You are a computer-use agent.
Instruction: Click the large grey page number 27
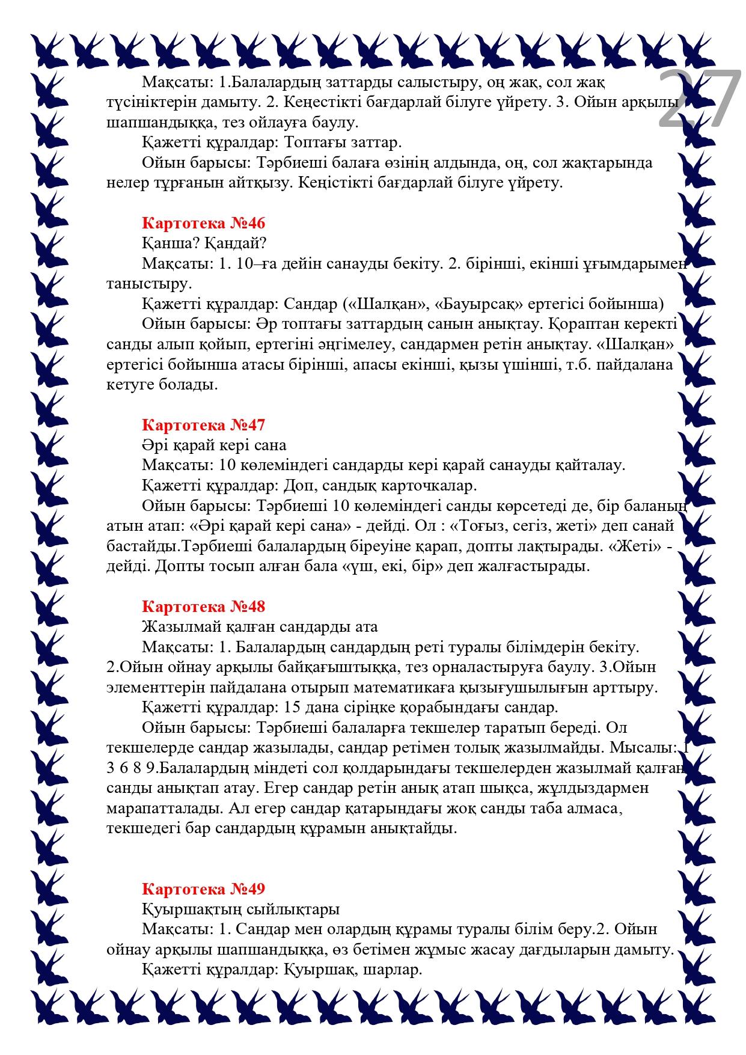700,100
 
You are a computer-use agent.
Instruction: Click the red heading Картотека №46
203,223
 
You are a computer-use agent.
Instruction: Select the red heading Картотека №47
203,425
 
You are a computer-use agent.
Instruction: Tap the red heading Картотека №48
203,607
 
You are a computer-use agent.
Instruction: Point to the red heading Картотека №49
203,889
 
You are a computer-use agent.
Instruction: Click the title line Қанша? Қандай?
204,243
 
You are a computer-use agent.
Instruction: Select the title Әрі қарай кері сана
214,445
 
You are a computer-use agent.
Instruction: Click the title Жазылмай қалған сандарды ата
260,627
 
